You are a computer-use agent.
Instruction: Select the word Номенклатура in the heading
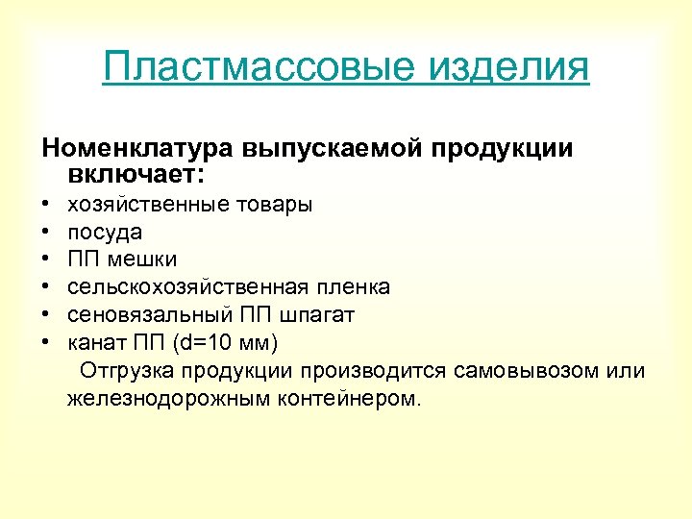[136, 150]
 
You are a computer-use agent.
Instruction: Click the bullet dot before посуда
[45, 233]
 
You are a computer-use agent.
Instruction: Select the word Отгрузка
[126, 370]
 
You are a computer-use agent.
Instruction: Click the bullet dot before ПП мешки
[45, 260]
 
